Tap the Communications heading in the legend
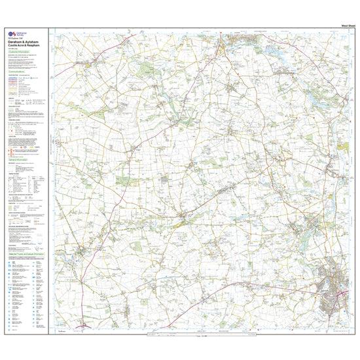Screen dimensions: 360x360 pyautogui.click(x=18, y=71)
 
